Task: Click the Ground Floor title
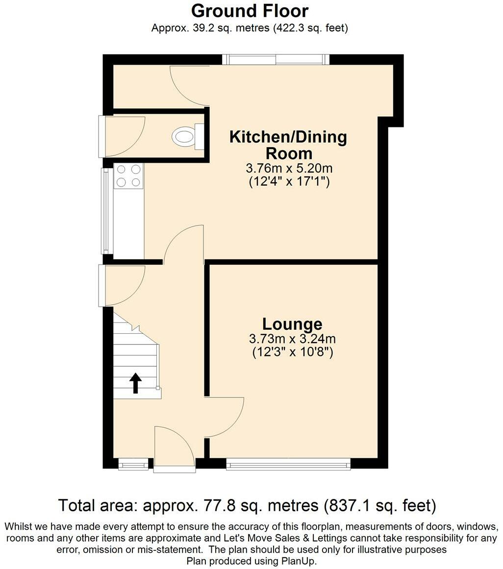tap(250, 11)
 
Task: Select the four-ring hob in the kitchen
tap(128, 176)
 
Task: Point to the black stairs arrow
tap(136, 383)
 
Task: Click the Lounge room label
tap(292, 323)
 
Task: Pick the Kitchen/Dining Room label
tap(289, 145)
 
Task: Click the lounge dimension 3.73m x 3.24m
tap(292, 339)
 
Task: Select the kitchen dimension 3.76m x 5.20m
tap(289, 169)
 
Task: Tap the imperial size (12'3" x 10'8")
tap(293, 352)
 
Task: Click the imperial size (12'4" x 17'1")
tap(289, 181)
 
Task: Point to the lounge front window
tap(289, 464)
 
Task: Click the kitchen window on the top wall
tap(276, 59)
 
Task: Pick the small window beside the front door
tap(133, 464)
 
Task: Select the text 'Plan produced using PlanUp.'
tap(251, 561)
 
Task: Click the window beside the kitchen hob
tap(106, 210)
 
